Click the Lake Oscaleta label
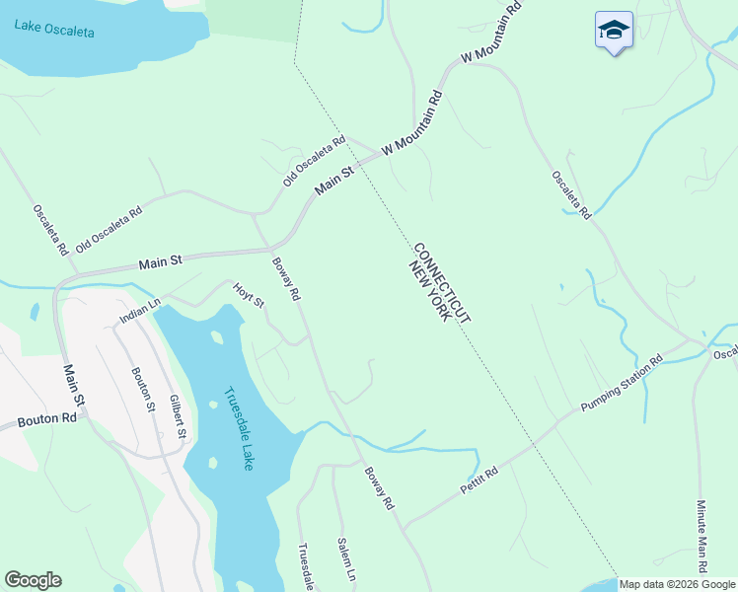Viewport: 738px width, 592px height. click(x=55, y=27)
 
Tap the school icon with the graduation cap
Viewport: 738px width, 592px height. click(x=614, y=31)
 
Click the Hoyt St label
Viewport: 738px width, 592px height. click(x=249, y=294)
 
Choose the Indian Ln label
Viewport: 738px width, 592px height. click(x=139, y=313)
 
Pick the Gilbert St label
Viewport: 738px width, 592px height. click(x=178, y=416)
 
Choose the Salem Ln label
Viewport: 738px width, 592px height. click(x=345, y=558)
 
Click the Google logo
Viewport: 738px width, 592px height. click(x=33, y=580)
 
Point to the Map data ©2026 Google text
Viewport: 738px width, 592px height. click(x=677, y=584)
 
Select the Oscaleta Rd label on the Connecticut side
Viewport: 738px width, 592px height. click(x=570, y=194)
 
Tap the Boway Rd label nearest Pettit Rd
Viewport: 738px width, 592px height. click(x=379, y=488)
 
